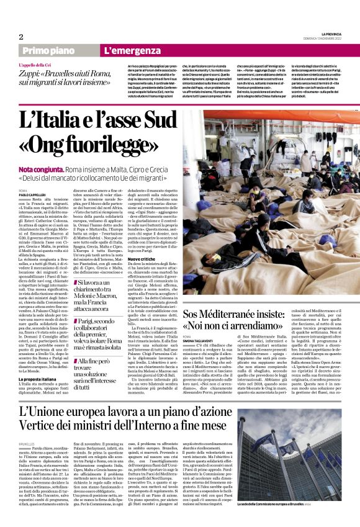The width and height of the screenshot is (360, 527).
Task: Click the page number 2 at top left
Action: click(21, 37)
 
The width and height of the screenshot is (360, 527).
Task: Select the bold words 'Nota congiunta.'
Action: click(41, 169)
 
